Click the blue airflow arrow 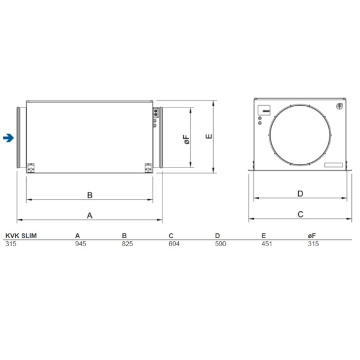pos(8,137)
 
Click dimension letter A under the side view pos(89,215)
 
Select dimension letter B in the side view pos(89,195)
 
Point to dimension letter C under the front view pos(300,214)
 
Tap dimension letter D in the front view pos(300,194)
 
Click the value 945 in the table pos(80,244)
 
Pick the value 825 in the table pos(127,244)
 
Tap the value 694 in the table pos(174,244)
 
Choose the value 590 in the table pos(220,244)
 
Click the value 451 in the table pos(267,244)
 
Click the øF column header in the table pos(312,236)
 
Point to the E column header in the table pos(263,236)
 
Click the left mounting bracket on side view pos(31,167)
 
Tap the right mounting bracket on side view pos(148,167)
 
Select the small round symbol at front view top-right pos(340,107)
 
